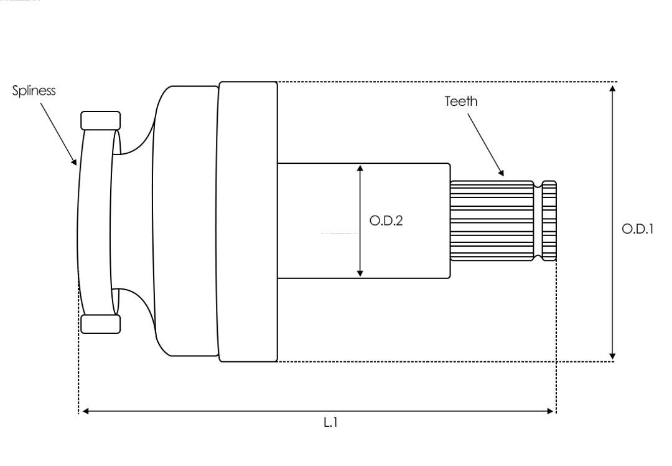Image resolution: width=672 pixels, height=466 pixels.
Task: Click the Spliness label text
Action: click(x=34, y=91)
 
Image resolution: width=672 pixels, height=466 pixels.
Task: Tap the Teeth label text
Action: click(x=460, y=102)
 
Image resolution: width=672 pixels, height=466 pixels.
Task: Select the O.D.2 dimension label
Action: click(x=386, y=221)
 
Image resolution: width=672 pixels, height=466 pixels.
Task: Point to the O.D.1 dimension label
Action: click(x=637, y=229)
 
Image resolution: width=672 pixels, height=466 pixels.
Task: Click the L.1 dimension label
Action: click(x=330, y=422)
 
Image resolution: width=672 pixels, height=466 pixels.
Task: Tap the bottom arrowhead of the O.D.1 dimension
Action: click(x=612, y=356)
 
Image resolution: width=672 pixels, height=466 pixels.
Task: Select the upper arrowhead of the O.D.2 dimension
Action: click(x=360, y=168)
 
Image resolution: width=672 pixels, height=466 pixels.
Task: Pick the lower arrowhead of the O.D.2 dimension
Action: click(x=360, y=273)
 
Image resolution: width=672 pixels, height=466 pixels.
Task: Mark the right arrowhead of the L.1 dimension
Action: click(x=550, y=411)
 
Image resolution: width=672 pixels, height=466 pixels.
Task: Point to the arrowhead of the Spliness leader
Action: click(x=74, y=162)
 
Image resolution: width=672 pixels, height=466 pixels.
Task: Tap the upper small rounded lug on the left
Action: click(x=101, y=121)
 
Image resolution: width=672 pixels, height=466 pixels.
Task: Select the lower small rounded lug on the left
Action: click(x=101, y=324)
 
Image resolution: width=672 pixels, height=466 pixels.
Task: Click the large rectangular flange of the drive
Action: click(x=248, y=221)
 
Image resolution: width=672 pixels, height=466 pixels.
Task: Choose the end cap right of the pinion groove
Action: click(x=549, y=221)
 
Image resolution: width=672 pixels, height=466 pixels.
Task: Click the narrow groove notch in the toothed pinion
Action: click(x=538, y=221)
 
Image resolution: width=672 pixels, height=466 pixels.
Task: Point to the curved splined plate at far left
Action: click(x=96, y=222)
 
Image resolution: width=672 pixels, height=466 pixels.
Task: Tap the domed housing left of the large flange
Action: click(x=186, y=221)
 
